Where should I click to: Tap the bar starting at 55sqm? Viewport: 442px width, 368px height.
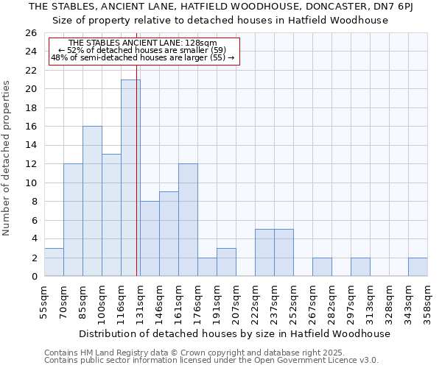click(x=54, y=262)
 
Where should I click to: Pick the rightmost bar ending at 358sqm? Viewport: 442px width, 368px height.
click(x=418, y=267)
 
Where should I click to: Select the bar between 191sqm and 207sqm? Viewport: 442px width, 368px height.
click(x=226, y=262)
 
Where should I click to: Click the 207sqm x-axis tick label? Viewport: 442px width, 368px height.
click(x=236, y=300)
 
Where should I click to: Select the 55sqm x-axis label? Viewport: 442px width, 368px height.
click(x=45, y=300)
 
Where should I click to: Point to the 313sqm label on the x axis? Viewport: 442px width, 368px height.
click(x=370, y=300)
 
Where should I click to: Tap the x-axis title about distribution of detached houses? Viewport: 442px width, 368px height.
click(x=234, y=333)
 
